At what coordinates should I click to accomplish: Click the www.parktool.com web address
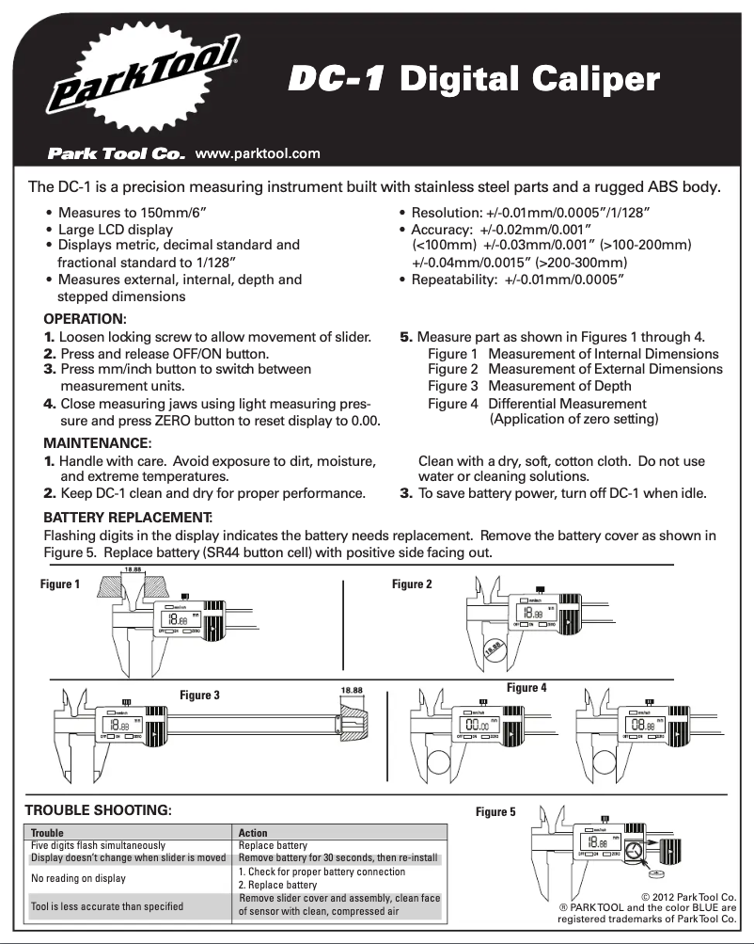pyautogui.click(x=257, y=153)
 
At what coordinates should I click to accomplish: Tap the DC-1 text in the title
pyautogui.click(x=336, y=80)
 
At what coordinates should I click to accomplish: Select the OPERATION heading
pyautogui.click(x=85, y=320)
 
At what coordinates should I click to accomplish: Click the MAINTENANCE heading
pyautogui.click(x=97, y=443)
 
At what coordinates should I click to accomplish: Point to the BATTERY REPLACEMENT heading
pyautogui.click(x=128, y=518)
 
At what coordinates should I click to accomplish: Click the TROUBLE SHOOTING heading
pyautogui.click(x=99, y=810)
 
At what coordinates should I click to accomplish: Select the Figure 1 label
pyautogui.click(x=60, y=584)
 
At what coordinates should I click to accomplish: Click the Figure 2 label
pyautogui.click(x=412, y=584)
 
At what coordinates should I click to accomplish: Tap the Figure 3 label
pyautogui.click(x=199, y=696)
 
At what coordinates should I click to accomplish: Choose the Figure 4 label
pyautogui.click(x=526, y=688)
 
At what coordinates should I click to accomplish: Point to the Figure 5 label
pyautogui.click(x=495, y=812)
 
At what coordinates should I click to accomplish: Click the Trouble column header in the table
pyautogui.click(x=48, y=833)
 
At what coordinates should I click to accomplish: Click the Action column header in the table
pyautogui.click(x=253, y=833)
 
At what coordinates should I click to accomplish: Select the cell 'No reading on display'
pyautogui.click(x=79, y=879)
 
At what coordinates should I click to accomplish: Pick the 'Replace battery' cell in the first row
pyautogui.click(x=273, y=846)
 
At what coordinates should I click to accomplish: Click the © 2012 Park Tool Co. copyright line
pyautogui.click(x=688, y=897)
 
